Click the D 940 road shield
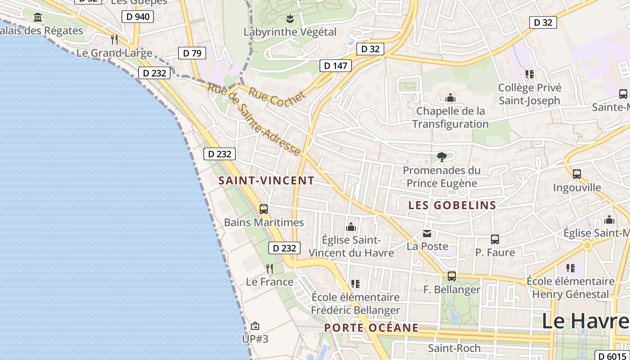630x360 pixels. [138, 17]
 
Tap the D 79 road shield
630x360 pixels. [192, 53]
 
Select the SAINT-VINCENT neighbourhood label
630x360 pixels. [266, 181]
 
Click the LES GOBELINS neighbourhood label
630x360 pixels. [452, 206]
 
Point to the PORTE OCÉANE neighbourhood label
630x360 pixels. [372, 328]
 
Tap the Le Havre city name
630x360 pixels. [585, 321]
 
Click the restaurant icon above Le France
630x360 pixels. [270, 269]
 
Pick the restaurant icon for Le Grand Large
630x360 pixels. [114, 40]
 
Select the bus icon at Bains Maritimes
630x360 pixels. [264, 209]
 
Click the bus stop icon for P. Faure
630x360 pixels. [495, 239]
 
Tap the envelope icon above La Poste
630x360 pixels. [427, 234]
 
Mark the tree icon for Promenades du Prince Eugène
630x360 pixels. [441, 157]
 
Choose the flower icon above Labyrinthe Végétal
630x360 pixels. [290, 19]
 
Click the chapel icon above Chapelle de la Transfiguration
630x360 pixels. [450, 98]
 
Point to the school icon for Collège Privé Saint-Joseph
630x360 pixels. [530, 74]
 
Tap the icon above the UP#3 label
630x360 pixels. [255, 325]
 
